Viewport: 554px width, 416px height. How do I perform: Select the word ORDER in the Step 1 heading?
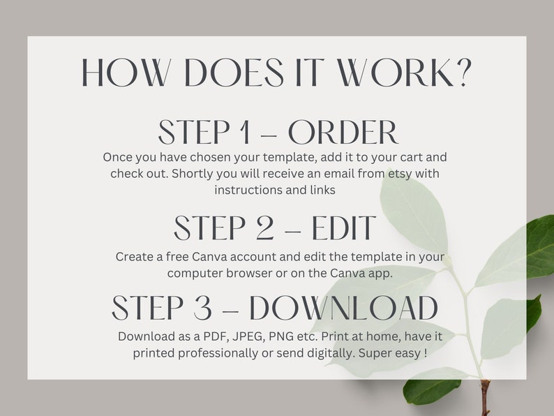point(343,133)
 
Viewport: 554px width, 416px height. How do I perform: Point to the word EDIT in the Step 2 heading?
point(344,228)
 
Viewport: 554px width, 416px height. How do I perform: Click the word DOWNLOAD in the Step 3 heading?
point(343,309)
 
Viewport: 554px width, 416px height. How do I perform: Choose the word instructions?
point(246,190)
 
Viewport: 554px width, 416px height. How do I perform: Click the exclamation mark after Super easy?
point(426,353)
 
